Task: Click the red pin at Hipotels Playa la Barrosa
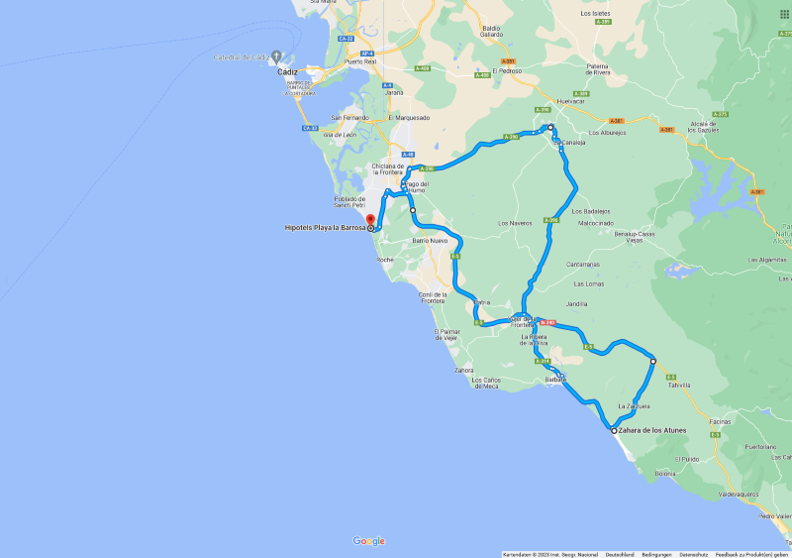coord(370,220)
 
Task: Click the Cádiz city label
coord(289,72)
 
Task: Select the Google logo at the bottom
coord(368,541)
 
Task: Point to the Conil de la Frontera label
coord(432,297)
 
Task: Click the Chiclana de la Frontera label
coord(388,168)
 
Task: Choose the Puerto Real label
coord(361,61)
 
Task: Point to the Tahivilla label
coord(679,388)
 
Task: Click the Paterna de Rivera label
coord(598,69)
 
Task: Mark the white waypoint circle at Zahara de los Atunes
coord(613,431)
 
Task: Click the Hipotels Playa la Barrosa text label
coord(325,228)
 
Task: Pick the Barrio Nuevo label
coord(431,241)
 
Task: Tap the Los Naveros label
coord(515,223)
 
